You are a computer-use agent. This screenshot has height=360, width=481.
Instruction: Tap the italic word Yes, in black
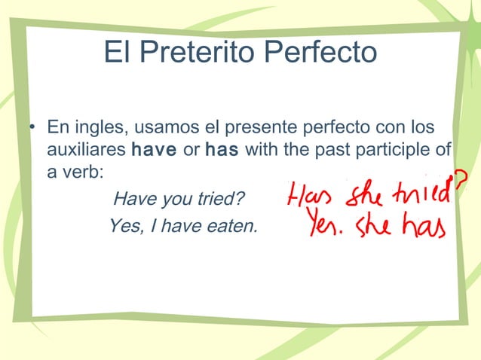pyautogui.click(x=123, y=224)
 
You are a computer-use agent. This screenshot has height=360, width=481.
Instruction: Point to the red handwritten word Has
pyautogui.click(x=310, y=197)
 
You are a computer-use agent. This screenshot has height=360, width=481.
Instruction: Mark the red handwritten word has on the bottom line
pyautogui.click(x=422, y=225)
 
